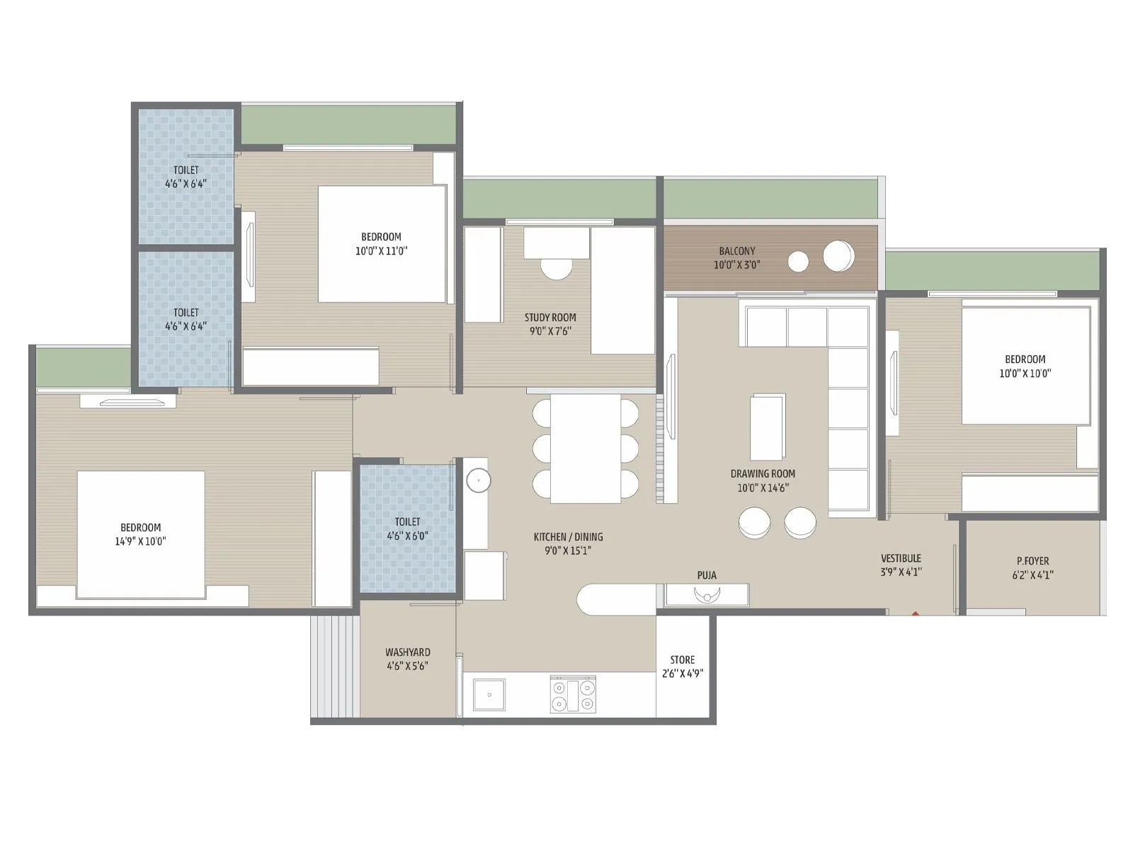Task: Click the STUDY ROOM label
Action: (550, 318)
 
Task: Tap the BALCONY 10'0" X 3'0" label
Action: (736, 258)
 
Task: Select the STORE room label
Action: (683, 660)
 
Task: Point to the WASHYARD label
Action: (408, 652)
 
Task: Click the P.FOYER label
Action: (1032, 561)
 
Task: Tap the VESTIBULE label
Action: (901, 558)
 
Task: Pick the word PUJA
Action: (707, 575)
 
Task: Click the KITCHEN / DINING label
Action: (568, 537)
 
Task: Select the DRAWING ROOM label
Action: (763, 474)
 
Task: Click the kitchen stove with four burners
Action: (573, 694)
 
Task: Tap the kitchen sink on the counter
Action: (489, 694)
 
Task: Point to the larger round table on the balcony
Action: (838, 255)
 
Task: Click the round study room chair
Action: (557, 268)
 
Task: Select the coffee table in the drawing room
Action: (768, 427)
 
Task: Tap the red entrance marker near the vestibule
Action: (915, 613)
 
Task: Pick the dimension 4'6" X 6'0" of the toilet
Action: (407, 536)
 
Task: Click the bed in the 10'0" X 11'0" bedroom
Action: (382, 244)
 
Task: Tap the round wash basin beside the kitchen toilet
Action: (478, 480)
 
